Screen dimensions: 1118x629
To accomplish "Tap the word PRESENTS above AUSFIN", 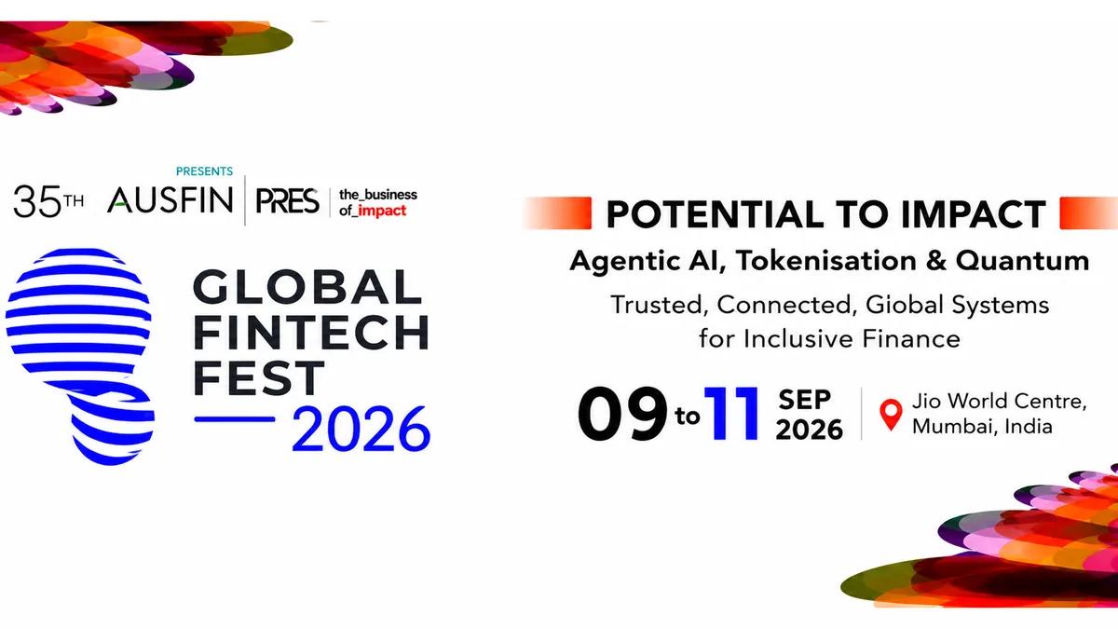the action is coord(204,171).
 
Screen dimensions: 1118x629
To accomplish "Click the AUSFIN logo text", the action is coord(170,199).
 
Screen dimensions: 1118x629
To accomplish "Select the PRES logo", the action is coord(287,200).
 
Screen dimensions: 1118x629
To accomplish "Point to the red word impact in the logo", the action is coord(382,211).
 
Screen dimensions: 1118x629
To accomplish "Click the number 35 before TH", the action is coord(38,201).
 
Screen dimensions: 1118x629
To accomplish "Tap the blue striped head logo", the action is coord(80,356).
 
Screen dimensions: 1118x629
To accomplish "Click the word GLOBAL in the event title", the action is coord(307,287).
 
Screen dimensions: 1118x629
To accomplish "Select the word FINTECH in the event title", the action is coord(311,332).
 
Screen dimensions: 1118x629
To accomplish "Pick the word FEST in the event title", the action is coord(259,377).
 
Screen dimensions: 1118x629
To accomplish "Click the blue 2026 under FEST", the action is coord(361,430).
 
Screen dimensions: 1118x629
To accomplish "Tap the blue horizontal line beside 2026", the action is coord(235,419).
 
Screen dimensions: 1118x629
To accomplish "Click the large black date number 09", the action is coord(622,414).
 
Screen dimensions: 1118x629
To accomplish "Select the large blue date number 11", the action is coord(731,413).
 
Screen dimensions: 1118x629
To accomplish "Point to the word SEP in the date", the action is coord(805,400).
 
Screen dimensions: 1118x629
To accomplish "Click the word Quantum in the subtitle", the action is coord(1022,262).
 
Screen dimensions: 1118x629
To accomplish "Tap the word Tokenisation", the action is coord(826,261).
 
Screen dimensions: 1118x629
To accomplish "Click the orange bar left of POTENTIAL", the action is coord(557,213).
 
